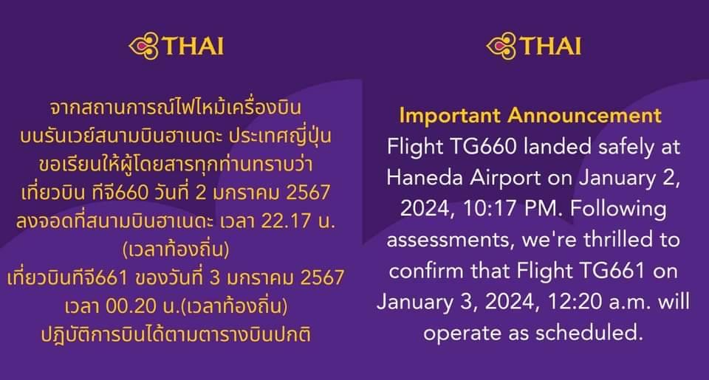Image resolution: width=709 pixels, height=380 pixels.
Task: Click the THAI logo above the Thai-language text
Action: [177, 46]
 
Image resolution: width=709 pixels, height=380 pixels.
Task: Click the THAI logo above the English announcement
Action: [533, 46]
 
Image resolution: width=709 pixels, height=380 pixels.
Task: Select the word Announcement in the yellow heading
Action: [585, 115]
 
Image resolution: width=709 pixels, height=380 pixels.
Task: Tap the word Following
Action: [618, 210]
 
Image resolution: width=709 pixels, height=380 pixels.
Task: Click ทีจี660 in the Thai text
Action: [120, 192]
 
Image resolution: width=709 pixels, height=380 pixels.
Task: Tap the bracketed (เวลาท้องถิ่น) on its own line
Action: [176, 249]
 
